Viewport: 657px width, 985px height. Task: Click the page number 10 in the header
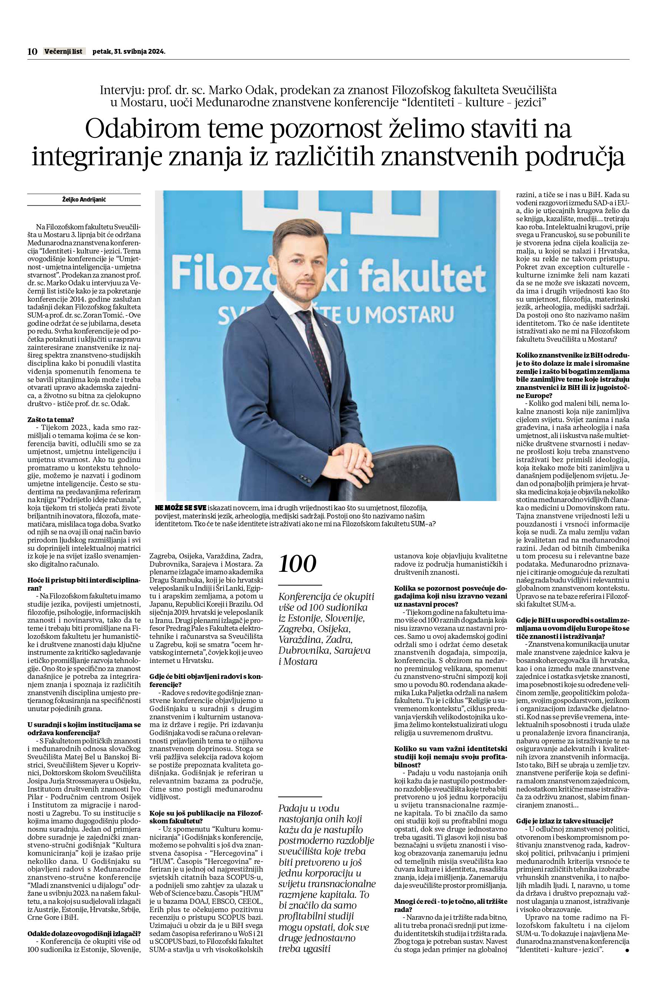[32, 52]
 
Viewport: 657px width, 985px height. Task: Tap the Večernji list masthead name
[64, 52]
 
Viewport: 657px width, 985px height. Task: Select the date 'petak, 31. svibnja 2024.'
[129, 52]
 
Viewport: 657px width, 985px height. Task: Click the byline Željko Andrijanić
[84, 200]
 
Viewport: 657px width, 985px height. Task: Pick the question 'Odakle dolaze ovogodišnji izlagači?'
[84, 924]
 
